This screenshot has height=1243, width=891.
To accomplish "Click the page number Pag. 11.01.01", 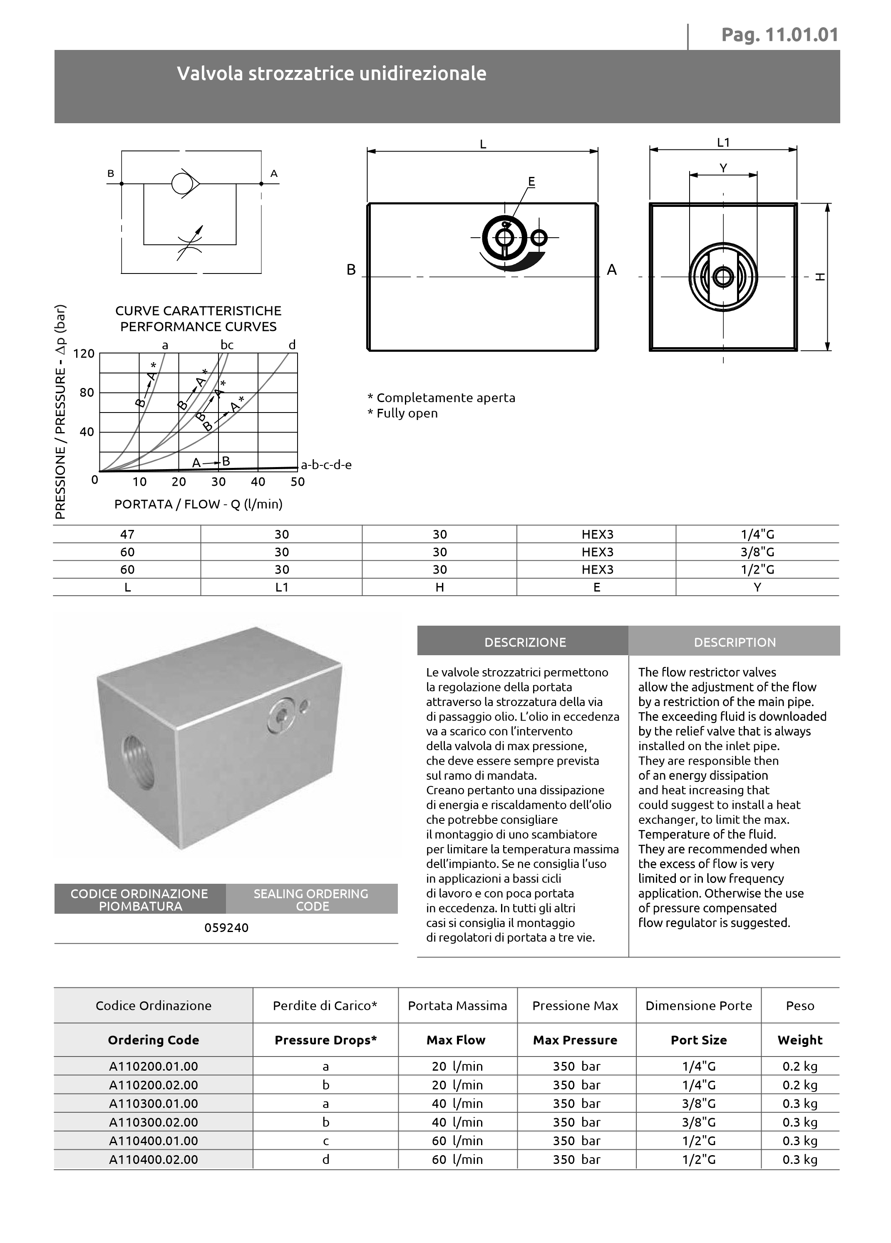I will tap(779, 35).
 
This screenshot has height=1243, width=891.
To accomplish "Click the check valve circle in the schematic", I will tap(182, 184).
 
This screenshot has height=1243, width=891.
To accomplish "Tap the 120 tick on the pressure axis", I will tap(84, 353).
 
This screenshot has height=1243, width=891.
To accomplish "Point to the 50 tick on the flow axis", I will tap(298, 482).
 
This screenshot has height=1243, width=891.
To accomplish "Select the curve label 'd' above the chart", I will tap(292, 345).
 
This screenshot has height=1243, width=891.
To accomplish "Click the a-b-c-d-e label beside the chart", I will tap(326, 465).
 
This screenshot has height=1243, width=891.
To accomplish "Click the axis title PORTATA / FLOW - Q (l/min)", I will tap(199, 504).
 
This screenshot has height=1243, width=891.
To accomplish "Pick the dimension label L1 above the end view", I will tap(723, 142).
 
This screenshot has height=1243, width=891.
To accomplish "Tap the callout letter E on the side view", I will tap(531, 181).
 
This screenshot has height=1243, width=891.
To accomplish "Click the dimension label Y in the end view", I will tap(723, 168).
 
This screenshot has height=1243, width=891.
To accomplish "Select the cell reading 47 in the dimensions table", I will tap(127, 534).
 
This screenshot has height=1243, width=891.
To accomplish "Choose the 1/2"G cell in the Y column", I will tap(757, 569).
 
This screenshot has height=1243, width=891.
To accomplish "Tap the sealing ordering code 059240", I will tap(226, 928).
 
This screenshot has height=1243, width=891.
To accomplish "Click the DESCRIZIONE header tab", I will tap(525, 642).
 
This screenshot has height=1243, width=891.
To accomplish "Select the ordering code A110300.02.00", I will tap(154, 1122).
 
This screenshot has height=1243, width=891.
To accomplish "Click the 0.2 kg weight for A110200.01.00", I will tap(799, 1066).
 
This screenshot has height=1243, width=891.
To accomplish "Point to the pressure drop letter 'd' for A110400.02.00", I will tap(325, 1159).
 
